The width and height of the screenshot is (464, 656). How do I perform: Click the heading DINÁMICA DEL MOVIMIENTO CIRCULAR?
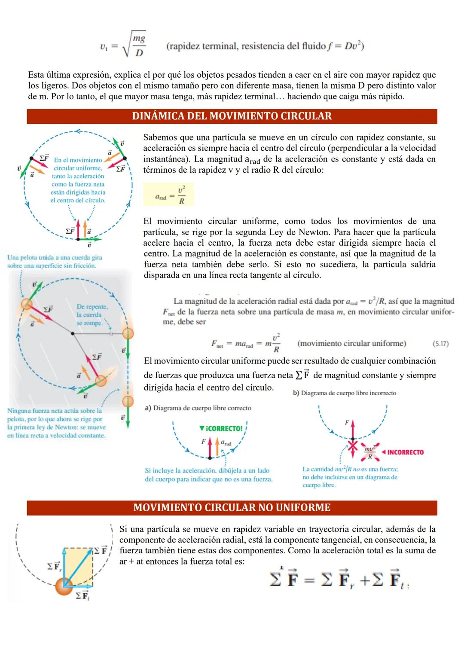(232, 116)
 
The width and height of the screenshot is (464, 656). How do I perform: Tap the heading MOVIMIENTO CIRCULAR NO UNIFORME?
(232, 508)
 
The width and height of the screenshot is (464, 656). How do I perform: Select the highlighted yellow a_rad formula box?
(168, 195)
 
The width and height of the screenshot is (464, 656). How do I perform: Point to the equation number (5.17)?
(440, 344)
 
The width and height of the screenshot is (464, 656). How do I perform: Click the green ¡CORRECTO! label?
(221, 428)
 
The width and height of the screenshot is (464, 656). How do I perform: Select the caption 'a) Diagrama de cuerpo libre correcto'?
(198, 408)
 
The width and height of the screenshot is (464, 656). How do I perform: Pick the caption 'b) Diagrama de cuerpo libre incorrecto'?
(345, 393)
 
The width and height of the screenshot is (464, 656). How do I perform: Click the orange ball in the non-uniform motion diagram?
(64, 586)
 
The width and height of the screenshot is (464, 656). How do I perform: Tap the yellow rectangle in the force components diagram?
(78, 567)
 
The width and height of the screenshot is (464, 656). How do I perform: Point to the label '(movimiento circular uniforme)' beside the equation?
(351, 344)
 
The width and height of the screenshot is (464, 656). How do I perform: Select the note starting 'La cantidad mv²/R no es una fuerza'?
(350, 477)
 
